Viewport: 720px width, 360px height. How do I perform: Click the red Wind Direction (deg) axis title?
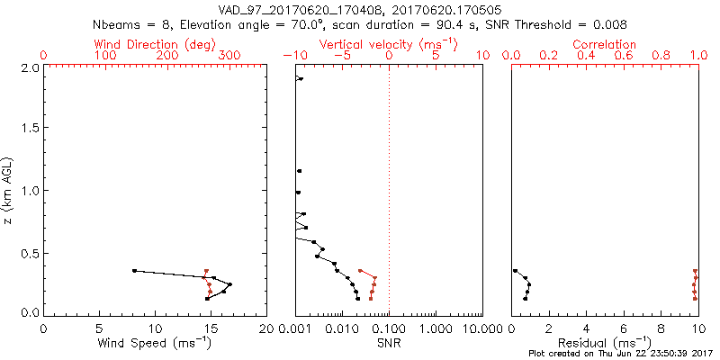pyautogui.click(x=156, y=44)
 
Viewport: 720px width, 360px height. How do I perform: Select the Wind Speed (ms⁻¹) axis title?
pyautogui.click(x=156, y=343)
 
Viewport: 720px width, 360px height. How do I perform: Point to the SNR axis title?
pyautogui.click(x=389, y=343)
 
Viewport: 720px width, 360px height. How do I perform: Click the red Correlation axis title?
pyautogui.click(x=604, y=44)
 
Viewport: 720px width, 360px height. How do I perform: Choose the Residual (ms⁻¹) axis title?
pyautogui.click(x=605, y=343)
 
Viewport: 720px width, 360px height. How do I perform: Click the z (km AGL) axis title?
pyautogui.click(x=9, y=189)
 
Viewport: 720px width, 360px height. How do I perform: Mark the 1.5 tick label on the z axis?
pyautogui.click(x=30, y=129)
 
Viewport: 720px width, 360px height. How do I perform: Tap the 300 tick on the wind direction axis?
pyautogui.click(x=229, y=56)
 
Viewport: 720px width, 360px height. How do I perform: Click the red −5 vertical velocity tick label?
pyautogui.click(x=339, y=56)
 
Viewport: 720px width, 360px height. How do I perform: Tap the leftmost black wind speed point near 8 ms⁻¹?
pyautogui.click(x=134, y=270)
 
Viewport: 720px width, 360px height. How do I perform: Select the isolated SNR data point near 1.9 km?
pyautogui.click(x=300, y=78)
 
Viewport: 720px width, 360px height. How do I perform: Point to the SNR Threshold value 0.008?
pyautogui.click(x=609, y=24)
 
